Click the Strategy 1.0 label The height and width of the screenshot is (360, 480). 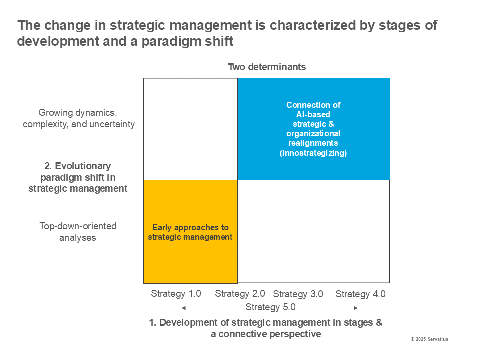pyautogui.click(x=176, y=294)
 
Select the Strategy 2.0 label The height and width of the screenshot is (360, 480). pyautogui.click(x=240, y=294)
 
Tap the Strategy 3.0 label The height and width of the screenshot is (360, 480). pyautogui.click(x=298, y=294)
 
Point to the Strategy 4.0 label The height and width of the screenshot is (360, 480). pyautogui.click(x=360, y=294)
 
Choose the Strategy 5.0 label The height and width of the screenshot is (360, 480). pyautogui.click(x=270, y=307)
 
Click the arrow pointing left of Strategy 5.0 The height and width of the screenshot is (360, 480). pyautogui.click(x=210, y=308)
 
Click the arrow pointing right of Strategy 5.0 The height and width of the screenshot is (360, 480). pyautogui.click(x=330, y=308)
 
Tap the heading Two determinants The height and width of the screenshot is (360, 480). pyautogui.click(x=267, y=67)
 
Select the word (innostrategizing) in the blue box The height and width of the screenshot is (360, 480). pyautogui.click(x=313, y=153)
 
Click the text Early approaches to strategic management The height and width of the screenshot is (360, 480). pyautogui.click(x=190, y=232)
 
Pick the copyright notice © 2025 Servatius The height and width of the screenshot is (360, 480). pyautogui.click(x=429, y=339)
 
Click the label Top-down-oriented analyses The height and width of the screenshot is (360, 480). pyautogui.click(x=78, y=232)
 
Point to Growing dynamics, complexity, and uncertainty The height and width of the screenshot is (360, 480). pyautogui.click(x=79, y=118)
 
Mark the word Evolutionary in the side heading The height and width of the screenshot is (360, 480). pyautogui.click(x=83, y=166)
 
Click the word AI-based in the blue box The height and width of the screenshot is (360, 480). pyautogui.click(x=313, y=114)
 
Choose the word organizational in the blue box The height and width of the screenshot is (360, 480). pyautogui.click(x=313, y=134)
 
